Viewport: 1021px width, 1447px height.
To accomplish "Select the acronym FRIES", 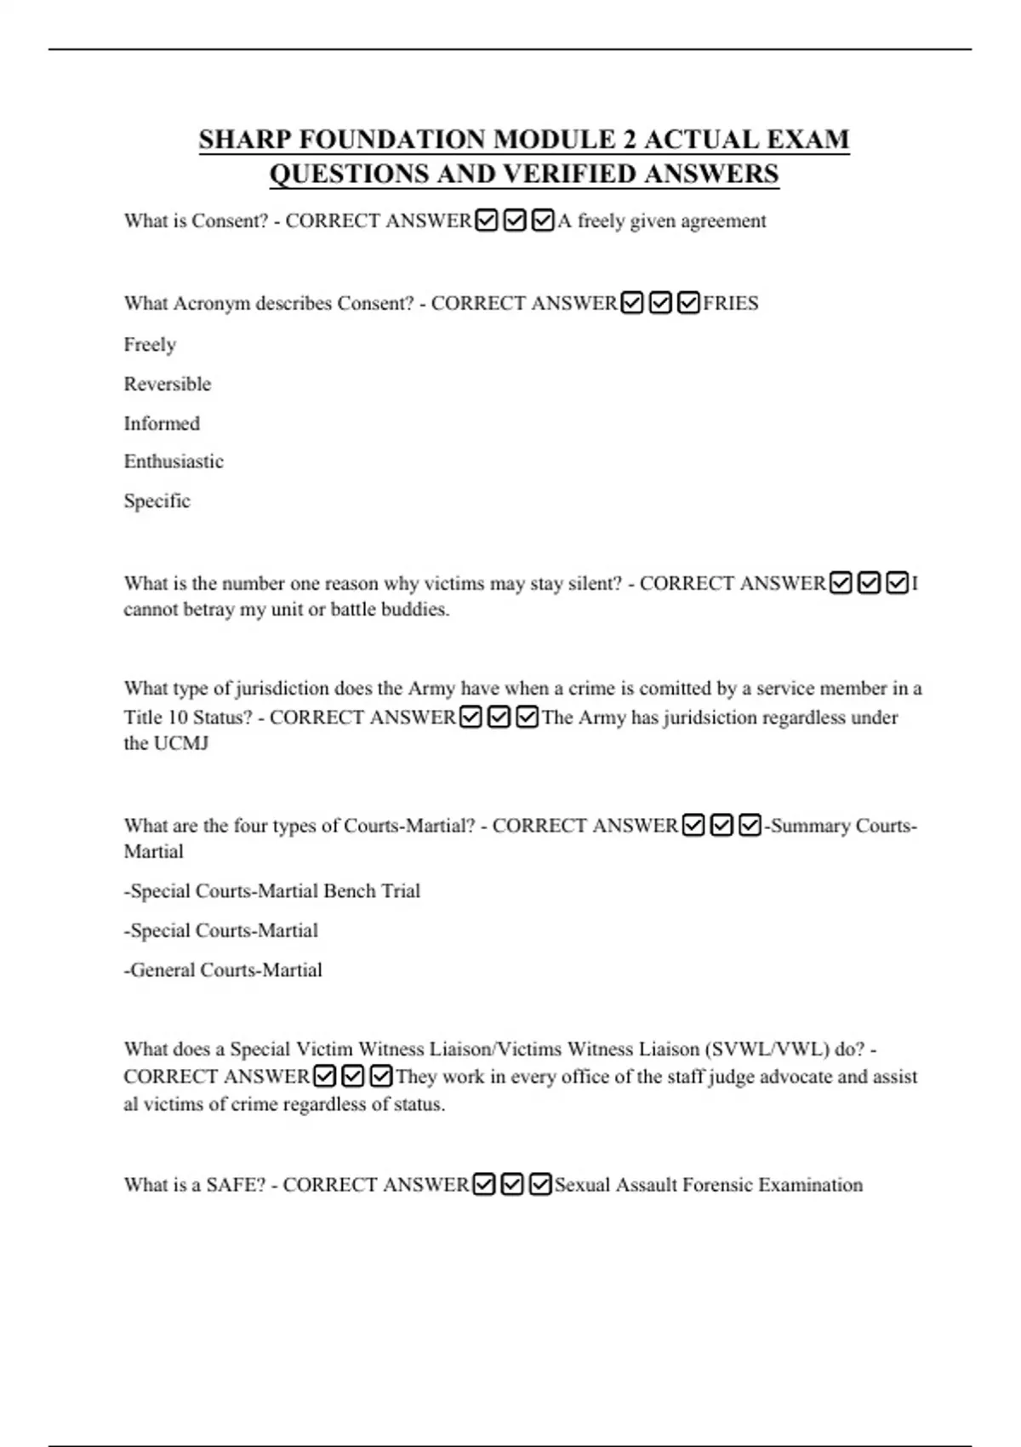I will pyautogui.click(x=731, y=303).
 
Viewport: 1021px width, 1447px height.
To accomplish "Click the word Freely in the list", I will pyautogui.click(x=150, y=345).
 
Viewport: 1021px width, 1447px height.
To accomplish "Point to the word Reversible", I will pyautogui.click(x=168, y=384).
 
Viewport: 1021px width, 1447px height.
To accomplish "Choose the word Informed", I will pyautogui.click(x=162, y=423).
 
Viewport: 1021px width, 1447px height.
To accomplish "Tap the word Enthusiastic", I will pyautogui.click(x=174, y=461).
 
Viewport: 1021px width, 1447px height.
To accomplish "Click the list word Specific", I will pyautogui.click(x=157, y=500).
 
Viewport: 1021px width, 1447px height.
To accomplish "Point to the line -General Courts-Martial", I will pyautogui.click(x=223, y=969).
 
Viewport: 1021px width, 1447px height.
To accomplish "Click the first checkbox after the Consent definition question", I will pyautogui.click(x=487, y=221).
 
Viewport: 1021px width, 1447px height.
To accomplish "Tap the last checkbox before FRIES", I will pyautogui.click(x=688, y=303).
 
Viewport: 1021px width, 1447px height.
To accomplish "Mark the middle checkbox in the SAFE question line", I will pyautogui.click(x=512, y=1185).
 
